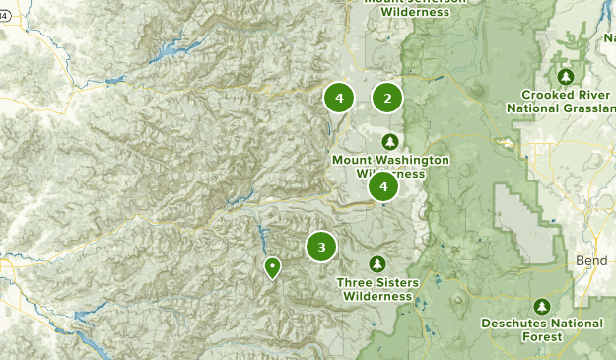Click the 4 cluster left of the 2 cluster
point(339,98)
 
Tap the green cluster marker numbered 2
point(387,98)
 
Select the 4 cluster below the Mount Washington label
point(382,185)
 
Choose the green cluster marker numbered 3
point(321,247)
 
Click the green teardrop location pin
point(272,267)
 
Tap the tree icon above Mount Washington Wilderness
point(390,141)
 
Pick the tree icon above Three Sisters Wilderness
point(376,264)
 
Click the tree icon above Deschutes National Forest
point(541,306)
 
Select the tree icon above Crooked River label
point(566,77)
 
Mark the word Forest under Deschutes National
point(542,336)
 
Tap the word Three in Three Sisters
point(353,282)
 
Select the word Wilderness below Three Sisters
point(377,295)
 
